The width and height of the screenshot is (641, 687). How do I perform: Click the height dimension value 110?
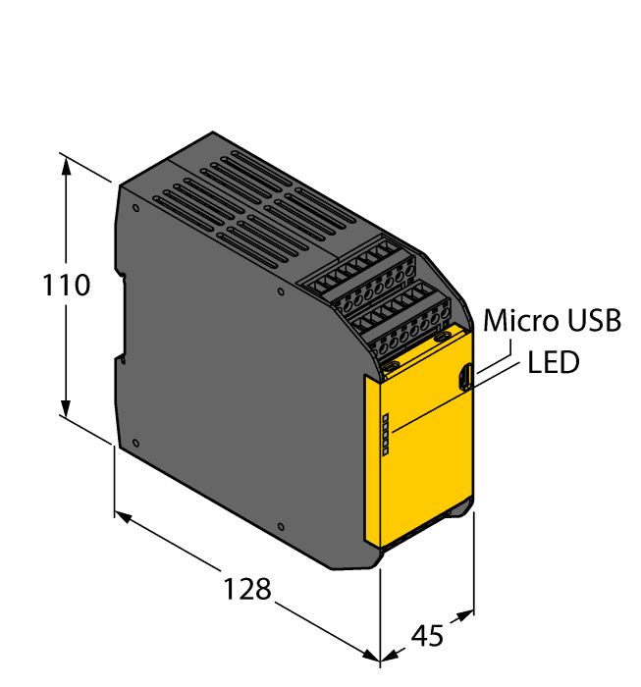pos(67,287)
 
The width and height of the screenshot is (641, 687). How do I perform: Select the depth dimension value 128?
pos(246,589)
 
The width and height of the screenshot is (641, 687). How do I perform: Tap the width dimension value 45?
pos(425,635)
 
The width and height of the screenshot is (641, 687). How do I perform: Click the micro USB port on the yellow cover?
pos(467,376)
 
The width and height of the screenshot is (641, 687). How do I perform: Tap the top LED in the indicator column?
pos(385,419)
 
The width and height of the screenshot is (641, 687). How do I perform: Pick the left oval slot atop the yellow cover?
pos(391,365)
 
